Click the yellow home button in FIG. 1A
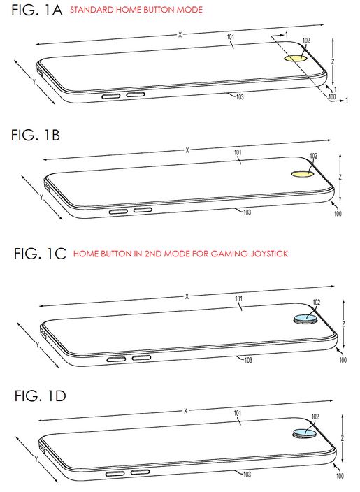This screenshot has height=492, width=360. click(296, 58)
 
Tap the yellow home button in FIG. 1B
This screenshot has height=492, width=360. click(302, 173)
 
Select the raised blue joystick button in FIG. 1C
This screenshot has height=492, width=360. click(305, 319)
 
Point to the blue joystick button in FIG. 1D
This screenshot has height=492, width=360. click(305, 433)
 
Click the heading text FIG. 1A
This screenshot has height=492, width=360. click(37, 10)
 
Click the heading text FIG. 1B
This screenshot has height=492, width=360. click(36, 136)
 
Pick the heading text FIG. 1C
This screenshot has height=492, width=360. click(40, 254)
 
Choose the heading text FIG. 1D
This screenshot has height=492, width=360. click(40, 396)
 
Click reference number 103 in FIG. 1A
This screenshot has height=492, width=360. click(240, 96)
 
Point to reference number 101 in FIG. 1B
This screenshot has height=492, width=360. click(238, 152)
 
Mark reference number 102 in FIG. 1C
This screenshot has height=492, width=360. click(317, 302)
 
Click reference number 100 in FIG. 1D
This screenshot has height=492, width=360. click(340, 476)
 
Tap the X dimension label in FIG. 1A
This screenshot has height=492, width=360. click(180, 35)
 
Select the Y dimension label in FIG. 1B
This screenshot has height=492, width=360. click(41, 197)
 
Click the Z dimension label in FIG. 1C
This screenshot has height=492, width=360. click(344, 324)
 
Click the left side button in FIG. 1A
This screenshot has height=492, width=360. click(111, 96)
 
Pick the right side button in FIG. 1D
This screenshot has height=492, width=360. click(140, 472)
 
